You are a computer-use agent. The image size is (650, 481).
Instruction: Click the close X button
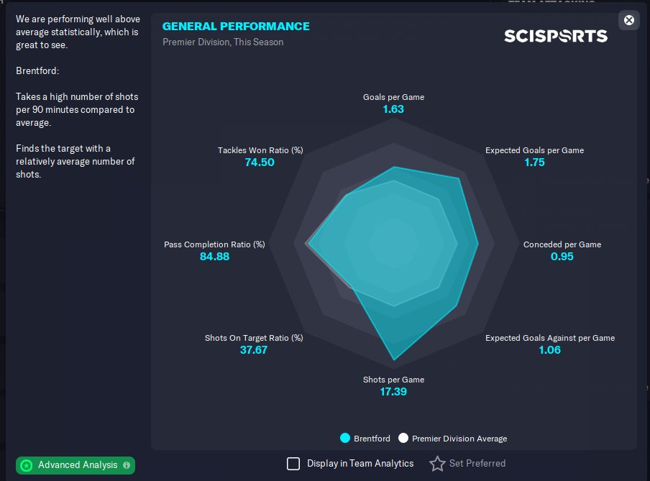tap(629, 20)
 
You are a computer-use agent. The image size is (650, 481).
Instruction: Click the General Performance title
tap(236, 26)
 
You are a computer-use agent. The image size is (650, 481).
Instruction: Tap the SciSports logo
tap(555, 36)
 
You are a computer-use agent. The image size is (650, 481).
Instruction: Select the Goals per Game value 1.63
tap(393, 109)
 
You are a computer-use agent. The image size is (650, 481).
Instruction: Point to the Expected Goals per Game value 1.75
tap(534, 162)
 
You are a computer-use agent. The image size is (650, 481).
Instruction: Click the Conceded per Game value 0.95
tap(562, 256)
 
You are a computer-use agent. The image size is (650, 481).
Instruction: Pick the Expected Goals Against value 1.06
tap(549, 350)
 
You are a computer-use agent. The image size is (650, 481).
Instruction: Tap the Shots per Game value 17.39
tap(393, 392)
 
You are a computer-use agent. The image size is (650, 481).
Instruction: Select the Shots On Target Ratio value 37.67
tap(254, 350)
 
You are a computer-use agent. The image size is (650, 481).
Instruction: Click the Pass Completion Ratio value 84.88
tap(214, 256)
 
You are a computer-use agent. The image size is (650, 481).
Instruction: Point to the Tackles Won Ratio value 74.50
tap(260, 162)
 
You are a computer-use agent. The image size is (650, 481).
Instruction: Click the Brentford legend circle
tap(345, 438)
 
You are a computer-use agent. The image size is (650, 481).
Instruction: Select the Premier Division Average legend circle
tap(403, 438)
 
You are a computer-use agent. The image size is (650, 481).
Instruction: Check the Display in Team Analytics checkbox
tap(293, 464)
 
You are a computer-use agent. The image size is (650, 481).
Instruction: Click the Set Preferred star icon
tap(437, 464)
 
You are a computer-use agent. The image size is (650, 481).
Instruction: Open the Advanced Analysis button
tap(75, 465)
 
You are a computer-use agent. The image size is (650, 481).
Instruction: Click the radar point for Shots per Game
tap(393, 359)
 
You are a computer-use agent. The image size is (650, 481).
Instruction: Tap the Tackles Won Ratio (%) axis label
tap(260, 150)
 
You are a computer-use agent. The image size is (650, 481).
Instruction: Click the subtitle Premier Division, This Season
tap(223, 42)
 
